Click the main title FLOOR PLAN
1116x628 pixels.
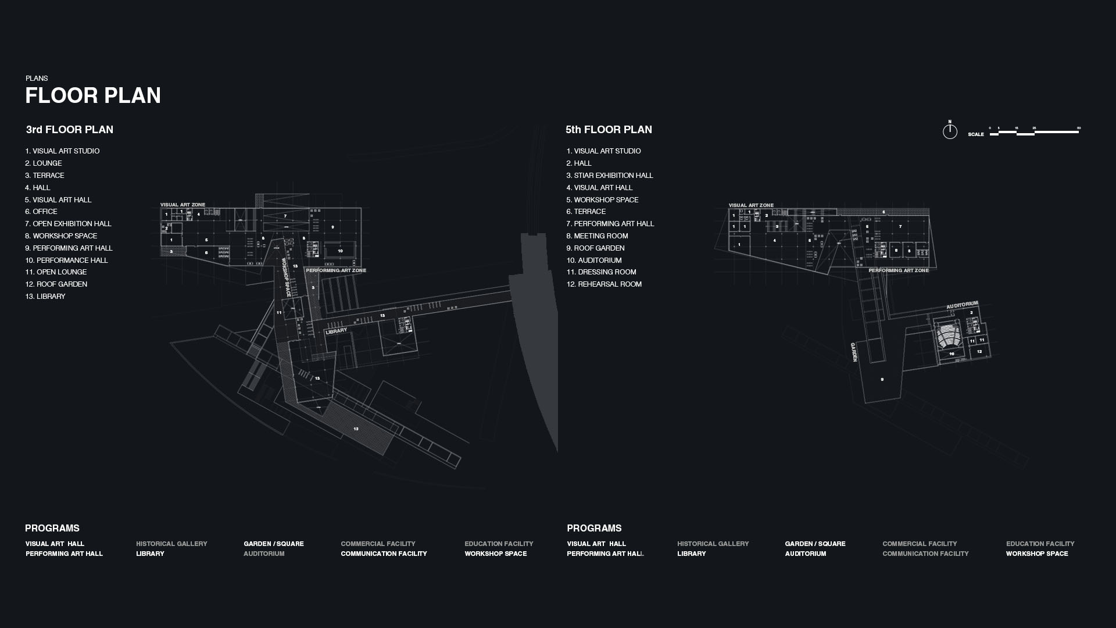(93, 96)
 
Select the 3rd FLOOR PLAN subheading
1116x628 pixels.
(70, 130)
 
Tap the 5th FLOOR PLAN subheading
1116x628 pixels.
(609, 130)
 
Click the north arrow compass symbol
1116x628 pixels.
(950, 131)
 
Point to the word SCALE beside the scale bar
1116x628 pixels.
(976, 134)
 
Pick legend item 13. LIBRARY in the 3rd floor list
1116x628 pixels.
(45, 297)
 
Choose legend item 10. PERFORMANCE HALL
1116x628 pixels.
(66, 261)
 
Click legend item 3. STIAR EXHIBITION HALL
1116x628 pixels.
(610, 176)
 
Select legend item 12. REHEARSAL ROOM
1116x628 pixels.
(604, 284)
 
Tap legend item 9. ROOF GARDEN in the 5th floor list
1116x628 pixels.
(595, 248)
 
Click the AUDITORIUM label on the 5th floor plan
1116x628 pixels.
(962, 305)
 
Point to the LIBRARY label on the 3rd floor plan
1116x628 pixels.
(336, 331)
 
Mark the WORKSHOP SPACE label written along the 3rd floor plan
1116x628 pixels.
(286, 277)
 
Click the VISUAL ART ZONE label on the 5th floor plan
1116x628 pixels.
(751, 205)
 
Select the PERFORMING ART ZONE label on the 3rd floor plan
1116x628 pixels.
(336, 270)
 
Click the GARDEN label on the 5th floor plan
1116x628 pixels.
(854, 352)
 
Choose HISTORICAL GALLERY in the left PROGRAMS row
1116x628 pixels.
(171, 544)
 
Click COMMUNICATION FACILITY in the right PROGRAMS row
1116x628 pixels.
(925, 554)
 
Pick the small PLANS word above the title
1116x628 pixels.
(37, 78)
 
